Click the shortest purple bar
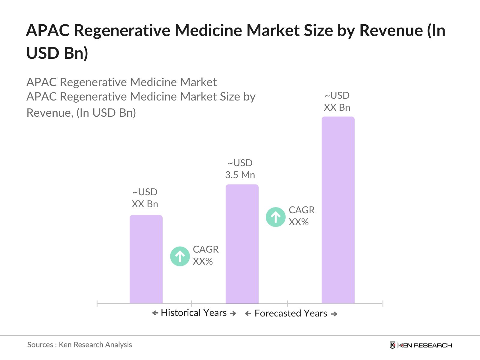pyautogui.click(x=146, y=259)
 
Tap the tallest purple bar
pyautogui.click(x=338, y=210)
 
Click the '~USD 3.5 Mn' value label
pyautogui.click(x=240, y=169)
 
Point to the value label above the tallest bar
pyautogui.click(x=337, y=101)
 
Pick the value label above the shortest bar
pyautogui.click(x=145, y=198)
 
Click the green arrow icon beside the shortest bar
pyautogui.click(x=180, y=256)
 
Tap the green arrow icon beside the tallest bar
pyautogui.click(x=275, y=217)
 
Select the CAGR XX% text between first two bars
pyautogui.click(x=205, y=255)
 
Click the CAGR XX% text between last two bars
pyautogui.click(x=301, y=216)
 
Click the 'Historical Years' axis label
pyautogui.click(x=194, y=313)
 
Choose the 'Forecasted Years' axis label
pyautogui.click(x=291, y=313)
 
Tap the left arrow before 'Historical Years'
pyautogui.click(x=155, y=313)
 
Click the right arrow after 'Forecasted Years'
pyautogui.click(x=334, y=314)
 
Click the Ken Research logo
pyautogui.click(x=421, y=345)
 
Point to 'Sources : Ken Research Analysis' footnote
pyautogui.click(x=79, y=345)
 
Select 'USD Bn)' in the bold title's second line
pyautogui.click(x=57, y=53)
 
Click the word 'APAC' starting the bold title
pyautogui.click(x=48, y=30)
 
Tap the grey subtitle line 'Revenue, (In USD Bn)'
pyautogui.click(x=81, y=113)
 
